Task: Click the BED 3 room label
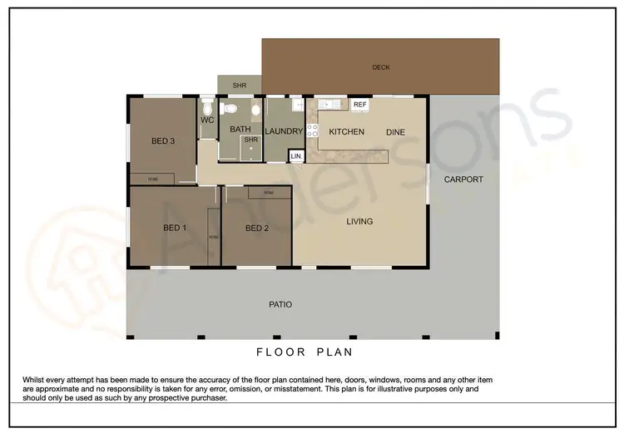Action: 162,141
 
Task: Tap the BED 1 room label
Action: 174,229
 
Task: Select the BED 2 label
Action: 257,229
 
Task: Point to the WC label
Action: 207,121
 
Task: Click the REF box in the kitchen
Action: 359,105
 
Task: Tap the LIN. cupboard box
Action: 295,156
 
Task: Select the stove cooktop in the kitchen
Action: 313,130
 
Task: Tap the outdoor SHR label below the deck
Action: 239,86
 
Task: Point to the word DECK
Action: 381,67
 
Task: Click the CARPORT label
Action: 463,180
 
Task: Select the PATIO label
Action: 280,305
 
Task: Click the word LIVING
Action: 359,222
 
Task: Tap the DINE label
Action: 395,132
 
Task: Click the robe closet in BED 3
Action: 152,179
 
